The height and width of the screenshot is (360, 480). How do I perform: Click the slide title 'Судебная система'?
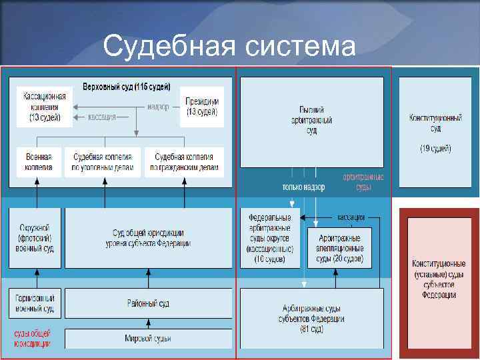tap(230, 47)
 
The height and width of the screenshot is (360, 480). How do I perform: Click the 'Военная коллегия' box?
tap(39, 162)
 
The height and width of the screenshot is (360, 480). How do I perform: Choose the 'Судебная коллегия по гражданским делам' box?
tap(184, 162)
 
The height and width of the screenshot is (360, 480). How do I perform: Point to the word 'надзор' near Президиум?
tap(159, 106)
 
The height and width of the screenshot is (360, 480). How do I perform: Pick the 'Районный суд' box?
tap(148, 303)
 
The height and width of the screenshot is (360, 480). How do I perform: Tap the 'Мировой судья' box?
tap(148, 339)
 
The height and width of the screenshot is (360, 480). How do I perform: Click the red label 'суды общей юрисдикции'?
tap(31, 338)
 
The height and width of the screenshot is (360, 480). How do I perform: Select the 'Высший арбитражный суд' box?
tap(311, 121)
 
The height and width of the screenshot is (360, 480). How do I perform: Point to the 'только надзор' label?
tap(303, 187)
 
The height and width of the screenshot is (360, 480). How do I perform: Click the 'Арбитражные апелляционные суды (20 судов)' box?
tap(339, 248)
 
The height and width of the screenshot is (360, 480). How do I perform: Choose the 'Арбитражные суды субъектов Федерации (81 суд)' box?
tap(311, 318)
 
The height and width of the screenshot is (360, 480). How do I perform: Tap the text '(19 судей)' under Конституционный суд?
tap(435, 148)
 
